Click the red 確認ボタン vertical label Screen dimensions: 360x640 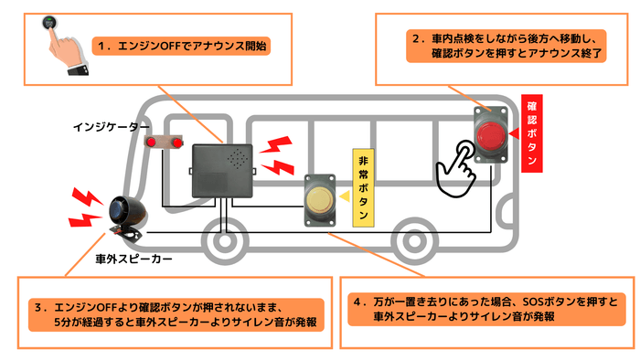click(x=532, y=132)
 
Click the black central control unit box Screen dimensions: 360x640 click(x=222, y=171)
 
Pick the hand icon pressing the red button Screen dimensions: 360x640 click(x=457, y=164)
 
